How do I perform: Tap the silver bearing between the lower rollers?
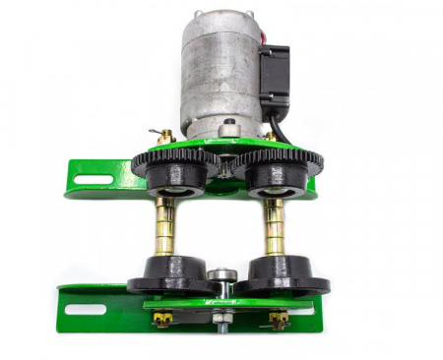(x=221, y=276)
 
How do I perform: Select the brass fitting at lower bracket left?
(x=162, y=320)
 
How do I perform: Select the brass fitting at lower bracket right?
(x=280, y=319)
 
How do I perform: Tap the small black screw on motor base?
(x=228, y=125)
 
